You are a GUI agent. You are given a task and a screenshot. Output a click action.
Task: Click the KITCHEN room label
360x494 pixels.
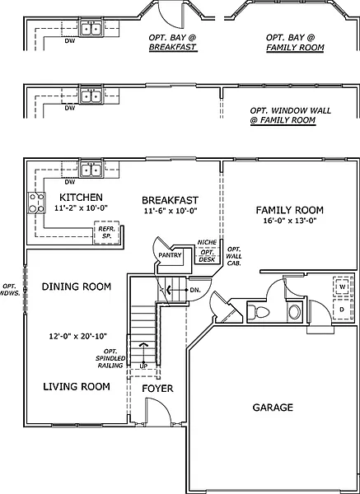tap(81, 198)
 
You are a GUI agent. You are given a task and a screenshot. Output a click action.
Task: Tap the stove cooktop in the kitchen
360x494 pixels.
tap(36, 203)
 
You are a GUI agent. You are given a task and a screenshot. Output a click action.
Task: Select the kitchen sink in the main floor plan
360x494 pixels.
tap(91, 170)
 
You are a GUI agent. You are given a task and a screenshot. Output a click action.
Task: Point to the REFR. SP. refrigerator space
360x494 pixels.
tap(106, 232)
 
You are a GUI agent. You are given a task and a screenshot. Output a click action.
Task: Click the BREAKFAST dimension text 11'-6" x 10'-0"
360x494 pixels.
tap(170, 211)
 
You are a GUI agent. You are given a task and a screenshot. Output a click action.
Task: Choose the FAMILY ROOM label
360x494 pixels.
tap(290, 210)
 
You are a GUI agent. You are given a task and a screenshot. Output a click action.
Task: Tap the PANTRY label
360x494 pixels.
tap(170, 255)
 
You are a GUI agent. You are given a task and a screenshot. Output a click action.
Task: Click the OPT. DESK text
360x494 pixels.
tap(207, 256)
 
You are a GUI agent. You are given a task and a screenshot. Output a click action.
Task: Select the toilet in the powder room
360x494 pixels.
tap(259, 312)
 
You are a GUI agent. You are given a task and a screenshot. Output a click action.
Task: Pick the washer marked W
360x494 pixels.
tap(341, 287)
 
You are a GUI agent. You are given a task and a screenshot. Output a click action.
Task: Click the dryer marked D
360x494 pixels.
tap(341, 310)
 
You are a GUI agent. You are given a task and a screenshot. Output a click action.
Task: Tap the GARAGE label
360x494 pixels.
tap(273, 408)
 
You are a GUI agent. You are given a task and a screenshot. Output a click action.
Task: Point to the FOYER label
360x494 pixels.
tap(157, 389)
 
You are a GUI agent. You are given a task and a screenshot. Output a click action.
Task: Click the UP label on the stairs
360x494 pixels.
tap(143, 366)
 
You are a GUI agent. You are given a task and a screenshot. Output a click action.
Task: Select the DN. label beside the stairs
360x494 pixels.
tap(195, 290)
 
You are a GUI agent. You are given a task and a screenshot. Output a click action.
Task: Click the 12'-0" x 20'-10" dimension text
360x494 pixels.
tap(78, 336)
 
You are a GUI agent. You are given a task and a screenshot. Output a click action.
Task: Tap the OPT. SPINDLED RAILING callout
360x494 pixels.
tap(110, 358)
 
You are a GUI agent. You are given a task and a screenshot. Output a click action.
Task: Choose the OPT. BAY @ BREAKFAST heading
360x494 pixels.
tap(172, 42)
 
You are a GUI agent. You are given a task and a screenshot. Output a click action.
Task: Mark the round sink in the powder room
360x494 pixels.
tap(295, 311)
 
